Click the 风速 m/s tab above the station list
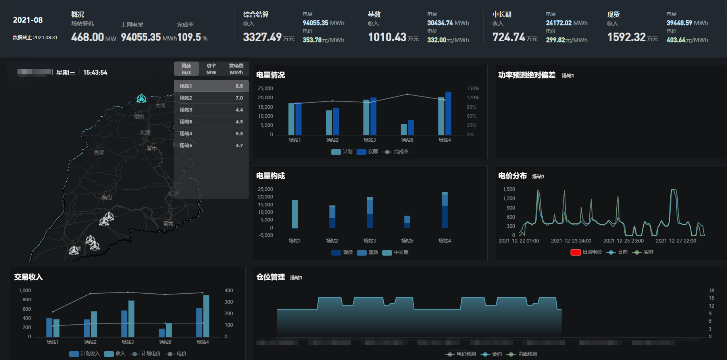pyautogui.click(x=186, y=69)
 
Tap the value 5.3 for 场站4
pyautogui.click(x=239, y=134)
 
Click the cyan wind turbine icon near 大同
pyautogui.click(x=141, y=98)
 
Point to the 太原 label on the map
pyautogui.click(x=145, y=132)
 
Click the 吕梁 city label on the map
pyautogui.click(x=99, y=152)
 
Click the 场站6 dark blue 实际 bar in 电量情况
pyautogui.click(x=411, y=127)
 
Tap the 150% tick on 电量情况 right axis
pyautogui.click(x=473, y=89)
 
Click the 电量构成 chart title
pyautogui.click(x=271, y=176)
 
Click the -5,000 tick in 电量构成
pyautogui.click(x=266, y=235)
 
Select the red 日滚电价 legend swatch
pyautogui.click(x=575, y=252)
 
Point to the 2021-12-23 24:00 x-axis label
pyautogui.click(x=571, y=241)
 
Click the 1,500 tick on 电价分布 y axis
pyautogui.click(x=509, y=189)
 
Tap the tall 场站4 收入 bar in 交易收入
pyautogui.click(x=206, y=316)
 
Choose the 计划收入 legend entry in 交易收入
pyautogui.click(x=85, y=354)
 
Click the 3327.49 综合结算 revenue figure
pyautogui.click(x=262, y=37)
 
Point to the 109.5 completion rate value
pyautogui.click(x=189, y=37)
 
